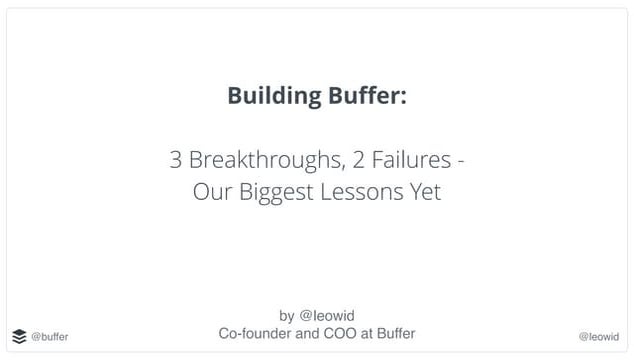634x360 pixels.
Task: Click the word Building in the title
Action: click(272, 97)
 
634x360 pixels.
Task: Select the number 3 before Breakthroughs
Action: click(176, 160)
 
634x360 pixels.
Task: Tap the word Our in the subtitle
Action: click(211, 191)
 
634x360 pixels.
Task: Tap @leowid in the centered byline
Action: click(328, 317)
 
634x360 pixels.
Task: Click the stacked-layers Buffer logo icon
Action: click(19, 336)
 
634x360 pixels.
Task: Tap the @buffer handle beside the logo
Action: click(50, 337)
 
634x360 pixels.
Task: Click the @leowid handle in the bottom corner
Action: click(599, 337)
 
